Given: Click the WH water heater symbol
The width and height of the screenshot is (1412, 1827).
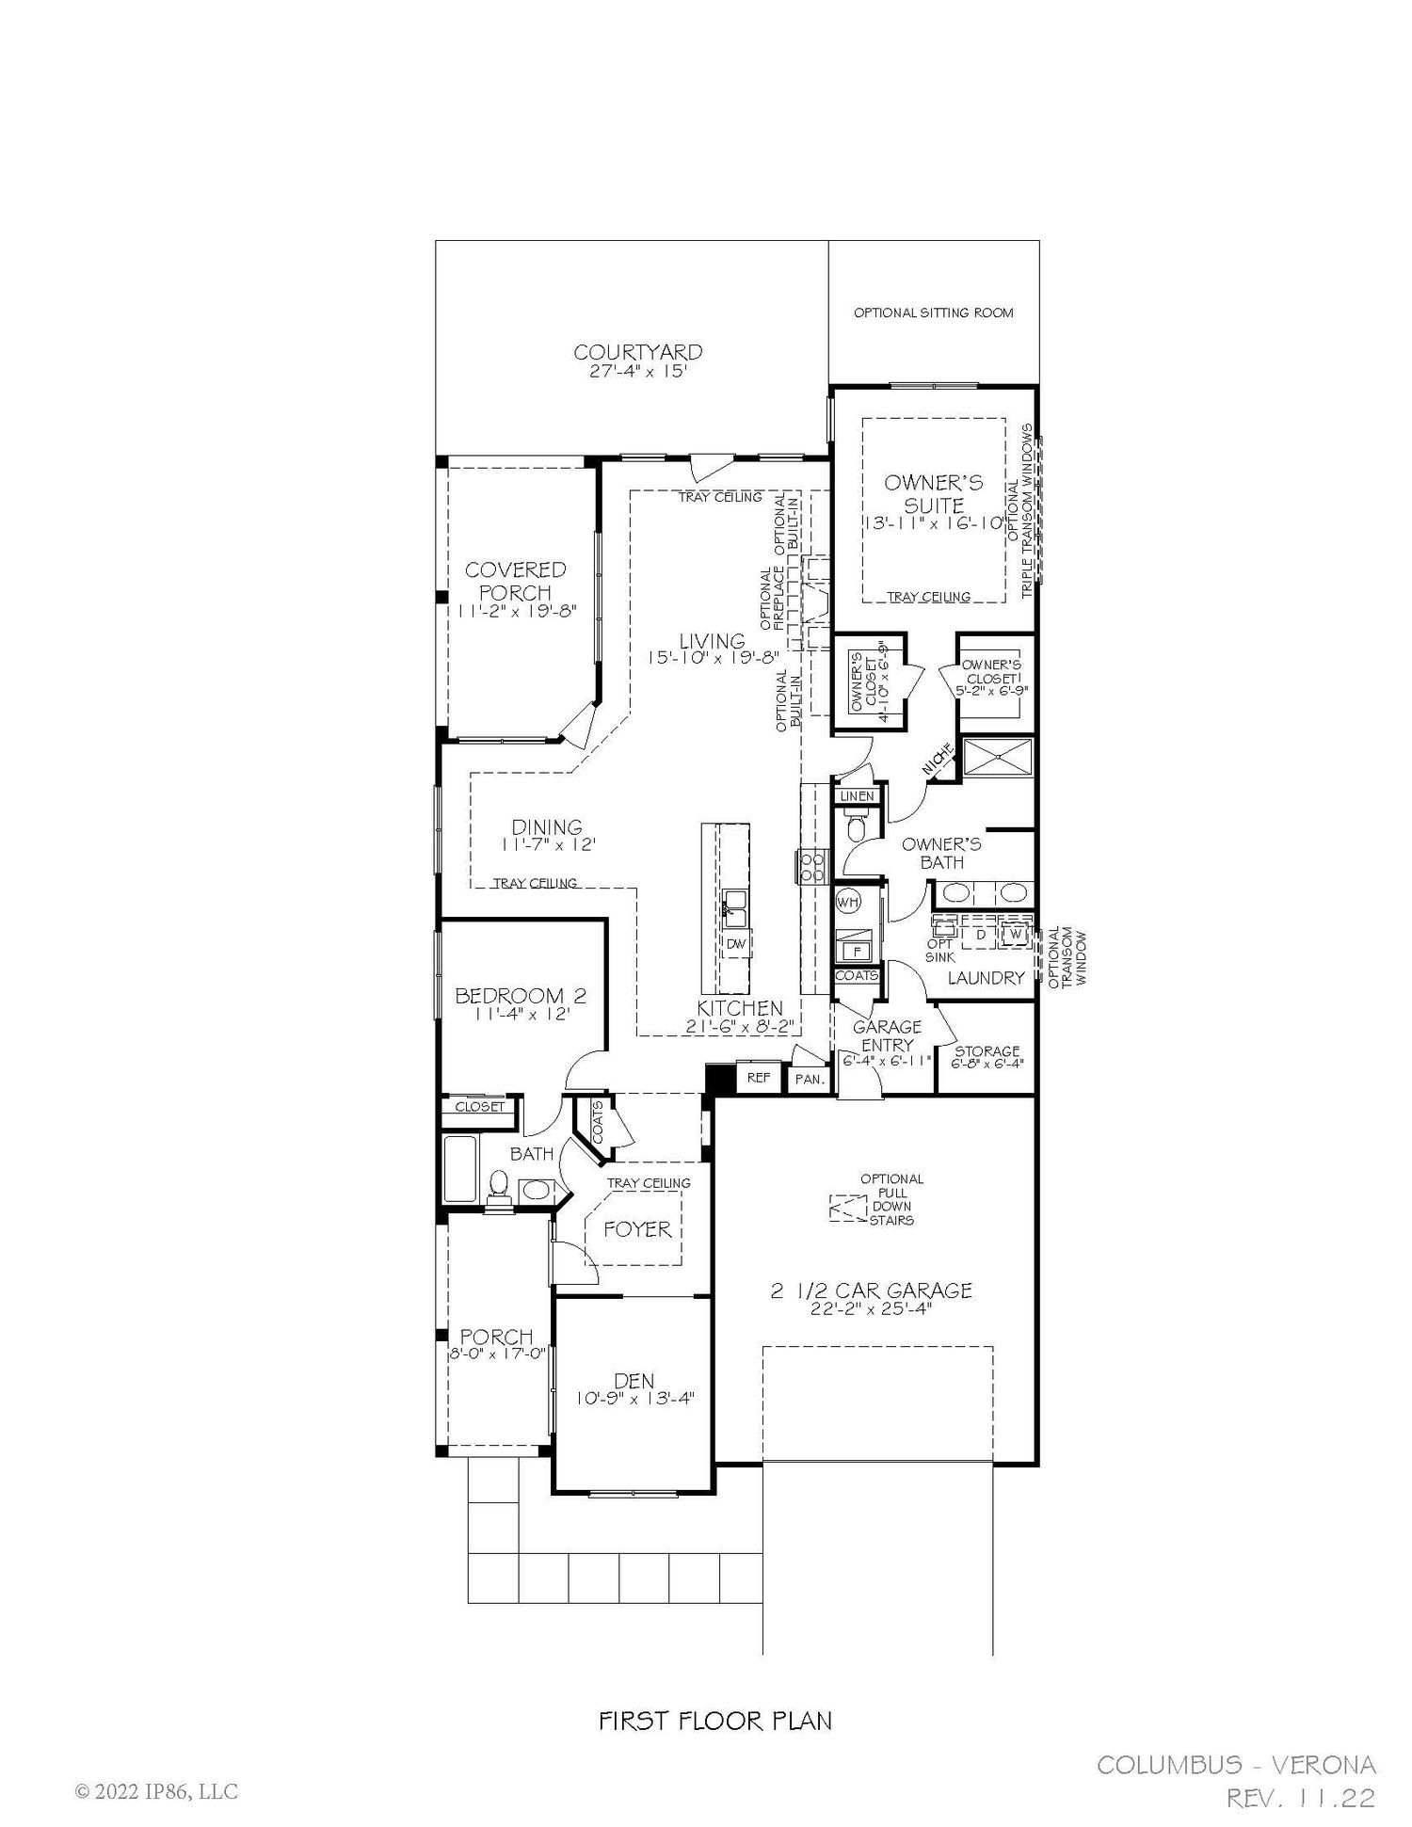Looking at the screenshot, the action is click(x=849, y=901).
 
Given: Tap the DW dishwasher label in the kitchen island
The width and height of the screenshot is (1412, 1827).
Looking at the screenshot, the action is click(x=736, y=943).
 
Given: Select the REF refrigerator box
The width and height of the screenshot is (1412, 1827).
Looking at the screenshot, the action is click(x=759, y=1078).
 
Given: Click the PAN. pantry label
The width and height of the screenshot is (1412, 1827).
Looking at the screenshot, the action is click(x=809, y=1080).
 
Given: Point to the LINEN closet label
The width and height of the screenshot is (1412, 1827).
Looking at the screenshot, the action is click(x=857, y=796).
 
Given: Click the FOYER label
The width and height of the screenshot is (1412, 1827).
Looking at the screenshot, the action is click(x=637, y=1229).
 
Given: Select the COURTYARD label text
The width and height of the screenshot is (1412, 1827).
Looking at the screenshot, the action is click(x=638, y=352).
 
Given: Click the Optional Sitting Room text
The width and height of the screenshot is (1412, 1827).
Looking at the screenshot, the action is click(x=934, y=313).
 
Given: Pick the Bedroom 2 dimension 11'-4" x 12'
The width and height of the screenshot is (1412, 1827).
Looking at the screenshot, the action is click(x=521, y=1014).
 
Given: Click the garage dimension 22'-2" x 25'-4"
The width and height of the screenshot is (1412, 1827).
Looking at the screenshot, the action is click(x=871, y=1309).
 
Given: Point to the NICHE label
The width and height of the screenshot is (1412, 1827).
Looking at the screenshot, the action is click(x=939, y=761).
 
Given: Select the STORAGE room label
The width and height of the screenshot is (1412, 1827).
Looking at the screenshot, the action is click(x=987, y=1050).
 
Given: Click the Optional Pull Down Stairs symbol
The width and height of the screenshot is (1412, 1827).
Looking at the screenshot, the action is click(x=846, y=1208).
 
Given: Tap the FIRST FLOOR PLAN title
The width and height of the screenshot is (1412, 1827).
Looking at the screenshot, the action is click(x=715, y=1722).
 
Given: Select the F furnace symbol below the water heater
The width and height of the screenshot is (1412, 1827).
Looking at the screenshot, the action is click(x=857, y=949).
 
